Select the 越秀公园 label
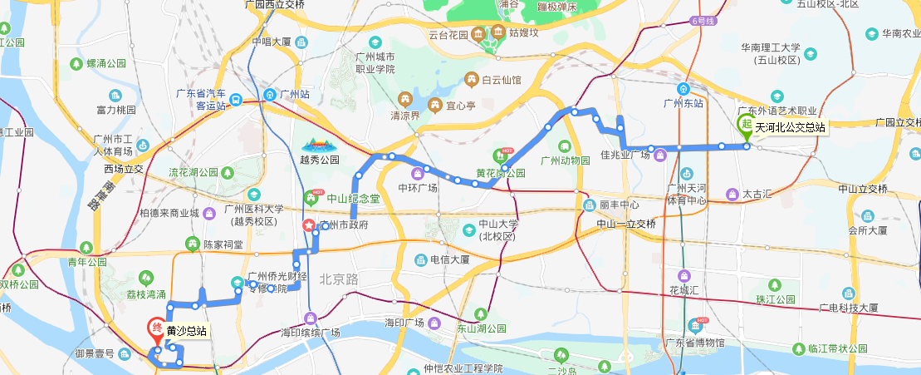point(320,160)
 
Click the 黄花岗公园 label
point(501,174)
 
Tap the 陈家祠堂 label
point(223,244)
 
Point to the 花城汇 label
point(686,290)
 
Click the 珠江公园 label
point(776,299)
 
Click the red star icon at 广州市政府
point(309,225)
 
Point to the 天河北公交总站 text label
point(790,127)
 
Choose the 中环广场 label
point(417,186)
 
